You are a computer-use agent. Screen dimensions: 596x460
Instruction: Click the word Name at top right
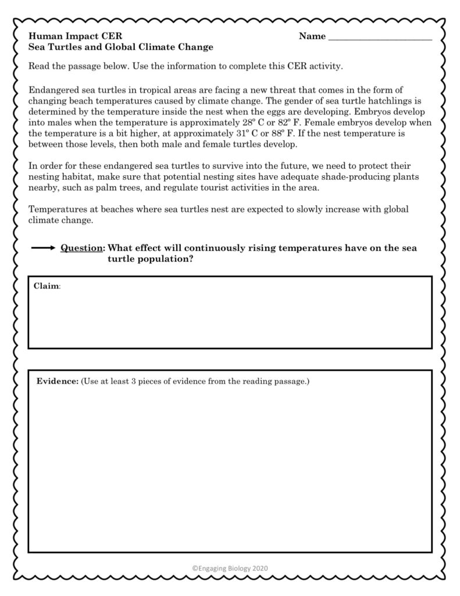(x=312, y=36)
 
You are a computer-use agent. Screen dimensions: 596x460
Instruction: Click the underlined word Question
(x=82, y=248)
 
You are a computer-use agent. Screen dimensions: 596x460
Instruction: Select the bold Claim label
(x=47, y=286)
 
